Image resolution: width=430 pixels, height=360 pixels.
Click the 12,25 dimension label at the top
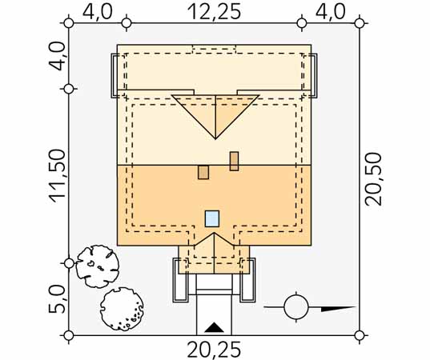click(214, 12)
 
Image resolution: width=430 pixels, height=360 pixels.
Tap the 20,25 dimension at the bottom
click(214, 350)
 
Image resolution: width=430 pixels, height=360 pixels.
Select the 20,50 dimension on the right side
click(373, 179)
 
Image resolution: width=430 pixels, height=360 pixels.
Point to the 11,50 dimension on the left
click(58, 176)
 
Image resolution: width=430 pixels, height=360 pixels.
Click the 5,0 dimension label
click(58, 299)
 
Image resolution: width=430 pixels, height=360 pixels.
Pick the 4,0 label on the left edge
click(57, 56)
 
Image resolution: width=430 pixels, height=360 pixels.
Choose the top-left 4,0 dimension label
click(98, 12)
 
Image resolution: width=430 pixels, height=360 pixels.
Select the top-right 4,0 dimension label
click(331, 12)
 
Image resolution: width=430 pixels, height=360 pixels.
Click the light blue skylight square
click(212, 218)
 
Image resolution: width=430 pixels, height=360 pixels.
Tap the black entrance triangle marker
click(214, 328)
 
